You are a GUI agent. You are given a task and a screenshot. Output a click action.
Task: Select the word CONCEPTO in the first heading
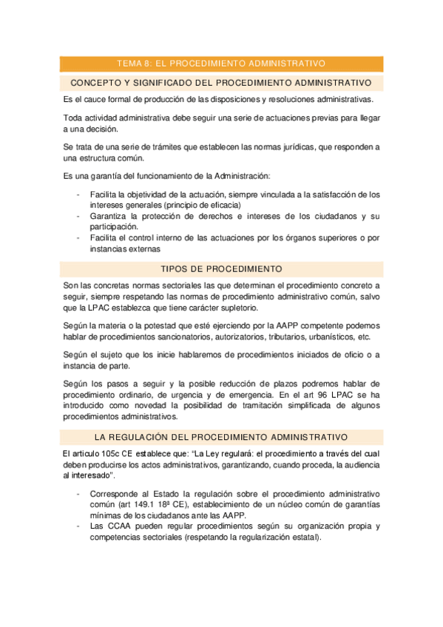(x=97, y=82)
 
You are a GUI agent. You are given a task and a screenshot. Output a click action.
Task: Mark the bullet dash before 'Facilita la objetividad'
(x=78, y=194)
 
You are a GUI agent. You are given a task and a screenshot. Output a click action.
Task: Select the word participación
(x=113, y=226)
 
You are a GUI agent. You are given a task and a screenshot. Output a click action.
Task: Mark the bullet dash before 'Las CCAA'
(x=78, y=526)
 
